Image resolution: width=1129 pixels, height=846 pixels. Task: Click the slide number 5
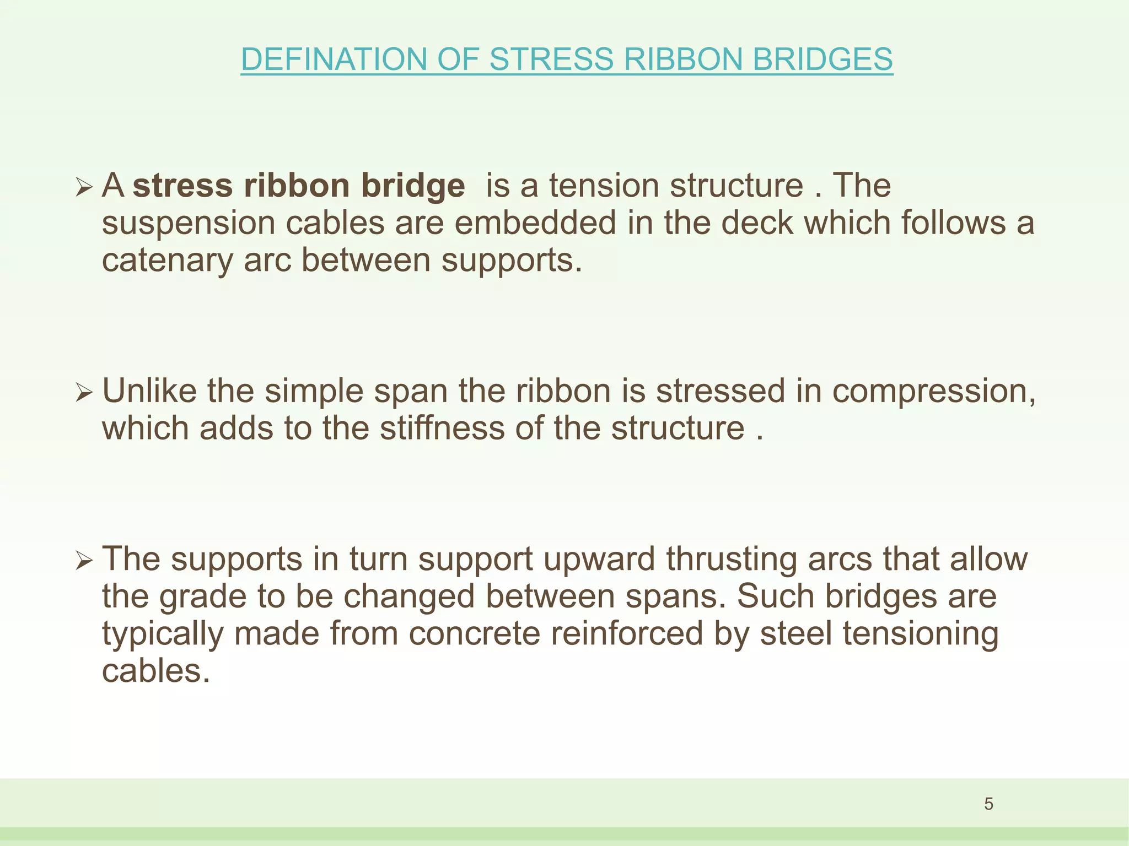[988, 804]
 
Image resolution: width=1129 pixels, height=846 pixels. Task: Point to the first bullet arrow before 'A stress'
[83, 188]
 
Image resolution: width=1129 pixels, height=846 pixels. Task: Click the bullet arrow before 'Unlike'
[83, 393]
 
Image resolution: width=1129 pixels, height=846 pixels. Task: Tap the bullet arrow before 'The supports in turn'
[83, 561]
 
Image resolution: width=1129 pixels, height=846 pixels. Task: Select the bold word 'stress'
[183, 186]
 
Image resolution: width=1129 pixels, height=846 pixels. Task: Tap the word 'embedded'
[535, 224]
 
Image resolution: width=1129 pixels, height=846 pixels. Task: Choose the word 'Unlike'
[149, 391]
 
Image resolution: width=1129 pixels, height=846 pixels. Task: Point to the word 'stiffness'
[442, 429]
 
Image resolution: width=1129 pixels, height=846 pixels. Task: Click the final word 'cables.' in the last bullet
[156, 671]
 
